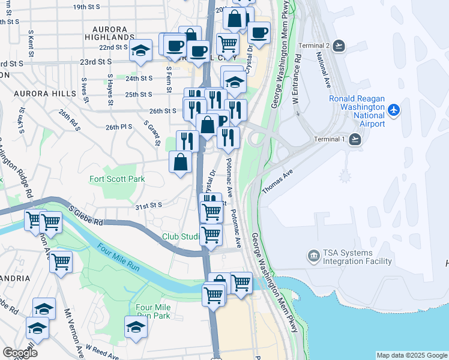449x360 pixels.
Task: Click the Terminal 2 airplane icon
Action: coord(339,46)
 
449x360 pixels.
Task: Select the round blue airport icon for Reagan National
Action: coord(394,110)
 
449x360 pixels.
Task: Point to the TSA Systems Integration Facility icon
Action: coord(313,257)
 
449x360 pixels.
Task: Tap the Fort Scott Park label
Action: coord(117,179)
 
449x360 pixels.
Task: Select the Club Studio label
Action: coord(180,236)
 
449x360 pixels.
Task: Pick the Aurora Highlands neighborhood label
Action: coord(110,33)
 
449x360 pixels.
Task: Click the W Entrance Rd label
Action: coord(297,81)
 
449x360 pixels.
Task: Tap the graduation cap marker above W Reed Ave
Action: coord(136,327)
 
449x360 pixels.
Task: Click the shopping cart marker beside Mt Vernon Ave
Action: coord(61,262)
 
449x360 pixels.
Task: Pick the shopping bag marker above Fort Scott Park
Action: coord(181,161)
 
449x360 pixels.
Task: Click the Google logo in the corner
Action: coord(20,353)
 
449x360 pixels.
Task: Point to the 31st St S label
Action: coord(149,206)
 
